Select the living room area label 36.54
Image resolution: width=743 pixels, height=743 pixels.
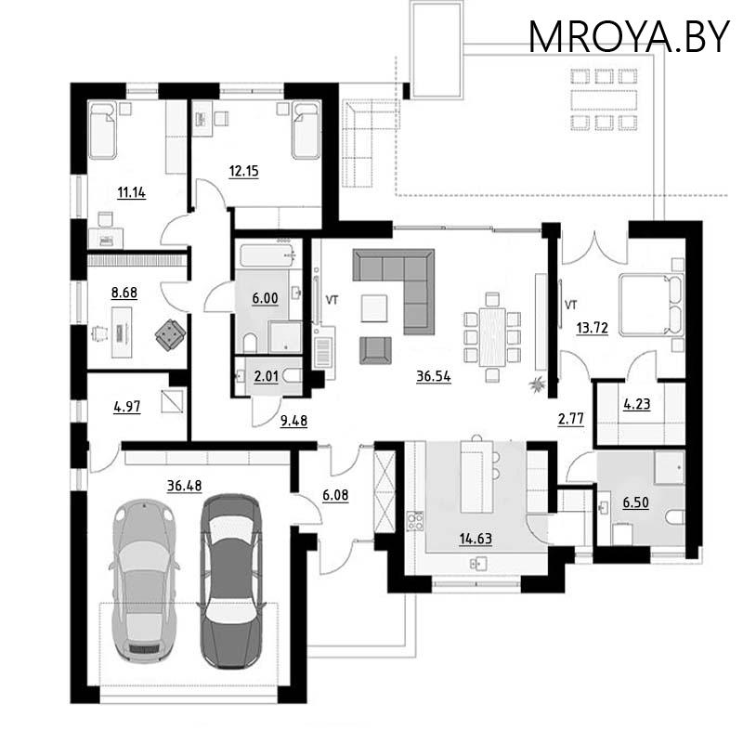click(x=433, y=376)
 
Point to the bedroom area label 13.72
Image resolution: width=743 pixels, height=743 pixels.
click(x=592, y=327)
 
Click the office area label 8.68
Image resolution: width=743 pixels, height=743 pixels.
click(x=124, y=291)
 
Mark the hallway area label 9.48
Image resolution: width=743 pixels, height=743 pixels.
click(x=293, y=420)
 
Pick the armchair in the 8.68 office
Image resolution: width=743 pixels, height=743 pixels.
click(x=170, y=334)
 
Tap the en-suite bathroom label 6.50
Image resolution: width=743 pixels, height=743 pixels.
click(x=637, y=502)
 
